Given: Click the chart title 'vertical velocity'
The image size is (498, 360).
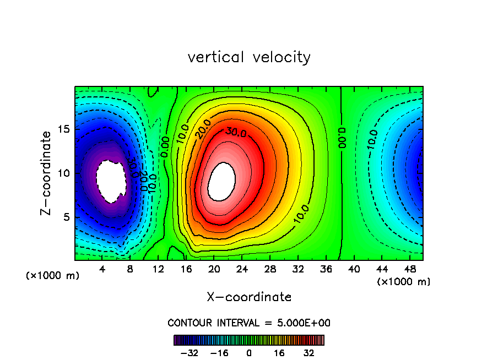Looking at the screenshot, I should point(249,57).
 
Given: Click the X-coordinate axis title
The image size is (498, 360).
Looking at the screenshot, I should point(249,297).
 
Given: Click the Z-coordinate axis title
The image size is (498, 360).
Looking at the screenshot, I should point(46,173).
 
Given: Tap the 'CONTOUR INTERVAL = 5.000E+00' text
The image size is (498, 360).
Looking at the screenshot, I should point(249,323).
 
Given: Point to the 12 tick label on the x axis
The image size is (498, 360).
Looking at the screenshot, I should point(159,270).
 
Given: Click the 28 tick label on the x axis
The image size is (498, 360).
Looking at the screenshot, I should point(270,270).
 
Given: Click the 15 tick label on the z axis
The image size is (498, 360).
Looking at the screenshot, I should point(64,130).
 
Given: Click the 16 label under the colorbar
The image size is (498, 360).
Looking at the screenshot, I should point(279,353).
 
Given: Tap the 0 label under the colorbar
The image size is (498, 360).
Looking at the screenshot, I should point(249,353).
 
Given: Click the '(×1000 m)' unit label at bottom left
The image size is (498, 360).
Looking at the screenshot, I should point(53,276).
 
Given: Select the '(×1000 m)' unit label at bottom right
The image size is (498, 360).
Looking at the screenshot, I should point(404,282).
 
